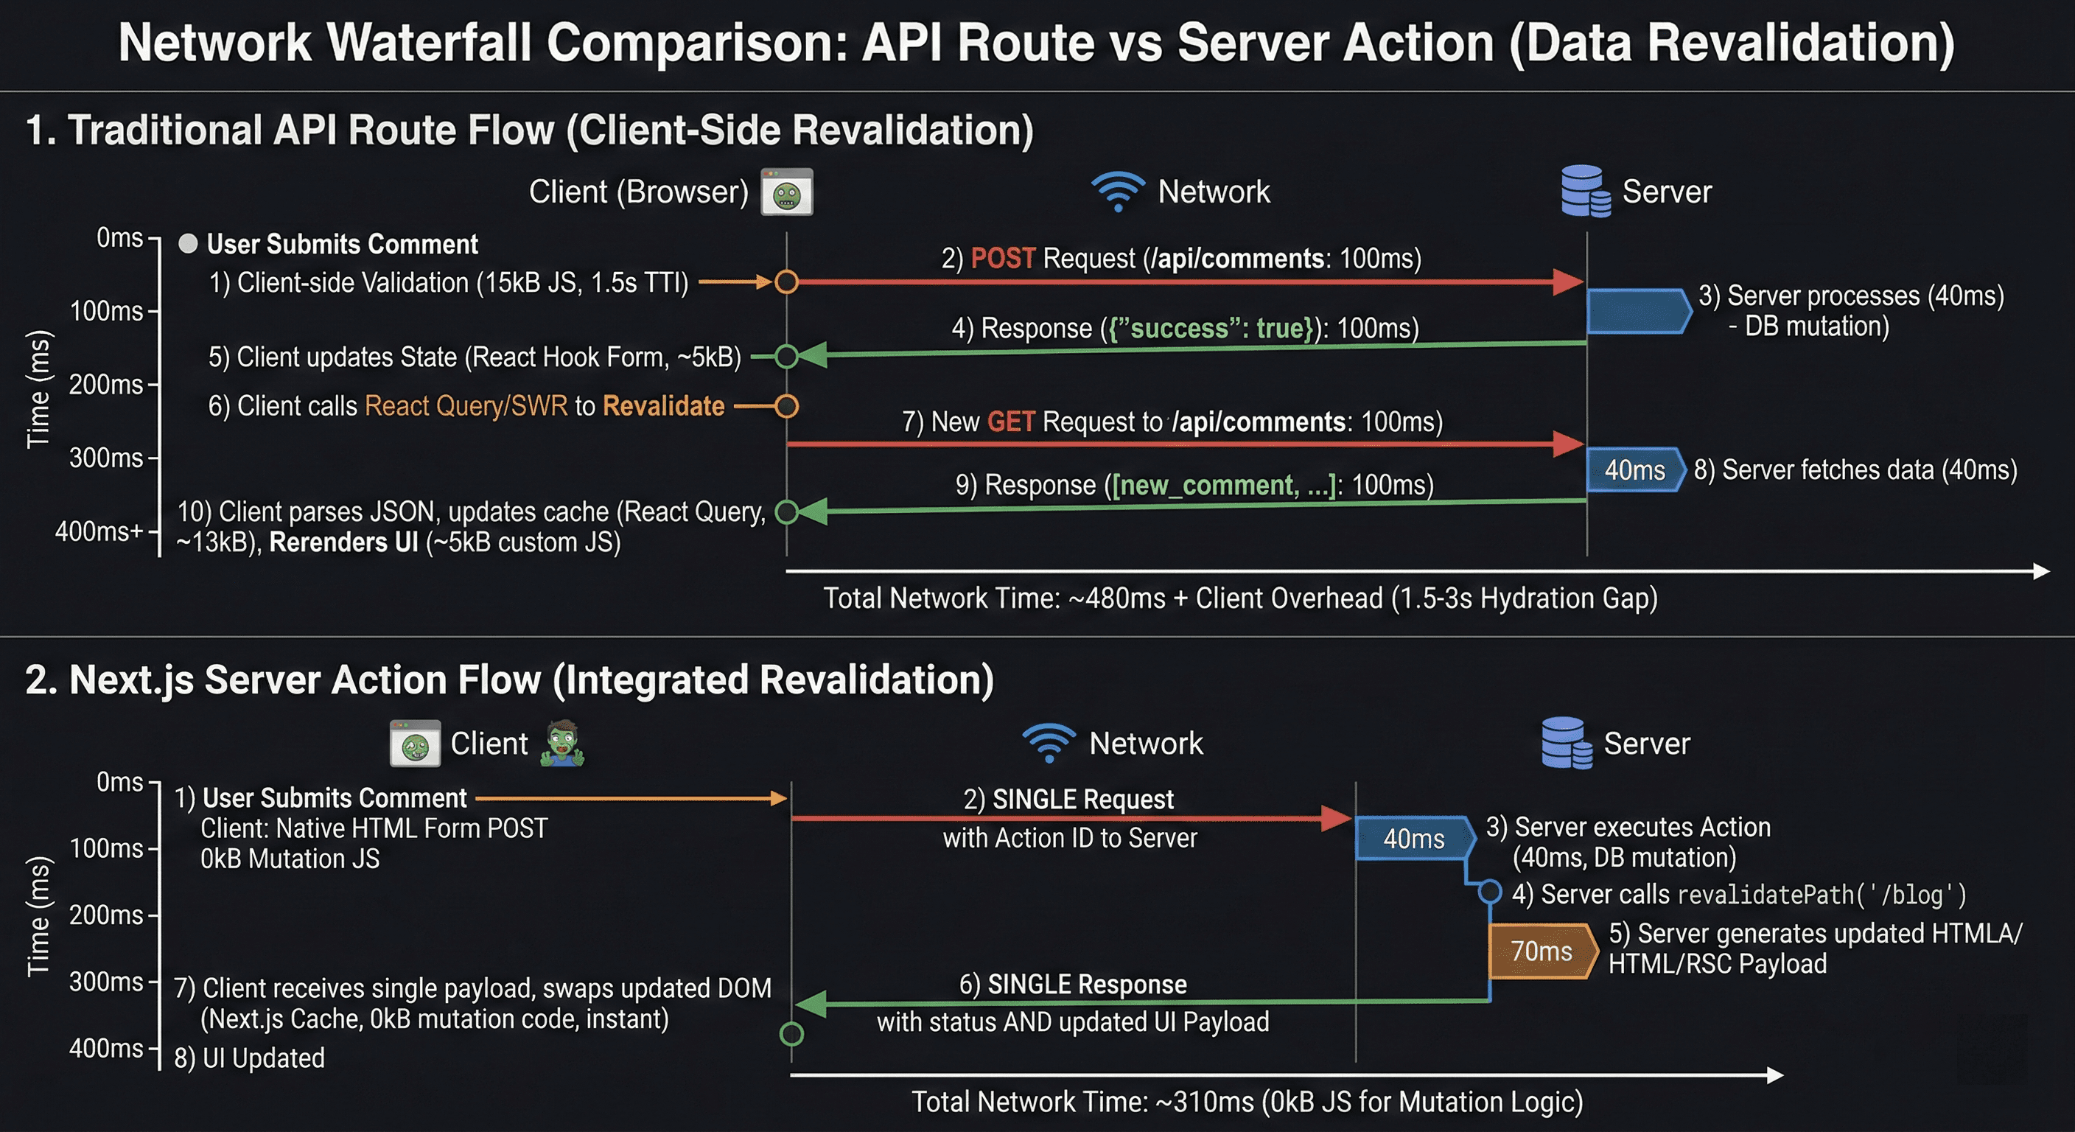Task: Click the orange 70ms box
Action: click(x=1541, y=951)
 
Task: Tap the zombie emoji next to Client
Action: click(x=562, y=743)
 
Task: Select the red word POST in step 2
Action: click(x=1002, y=259)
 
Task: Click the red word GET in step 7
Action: click(x=1010, y=422)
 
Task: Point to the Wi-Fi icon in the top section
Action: click(x=1117, y=192)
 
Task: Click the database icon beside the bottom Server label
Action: click(x=1566, y=743)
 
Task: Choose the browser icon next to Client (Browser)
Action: click(x=786, y=192)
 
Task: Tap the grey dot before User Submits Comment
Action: click(x=188, y=244)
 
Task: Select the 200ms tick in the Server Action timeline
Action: click(x=105, y=915)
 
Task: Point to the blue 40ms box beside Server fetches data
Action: click(x=1634, y=470)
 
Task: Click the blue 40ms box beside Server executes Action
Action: click(x=1414, y=839)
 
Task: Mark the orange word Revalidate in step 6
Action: click(x=663, y=406)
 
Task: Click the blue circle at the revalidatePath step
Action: click(x=1489, y=892)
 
